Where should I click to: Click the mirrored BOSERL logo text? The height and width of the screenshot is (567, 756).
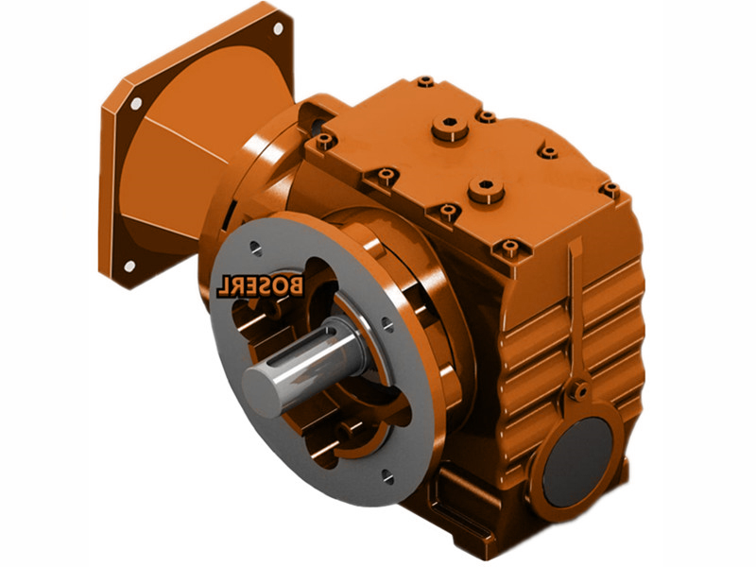pyautogui.click(x=260, y=286)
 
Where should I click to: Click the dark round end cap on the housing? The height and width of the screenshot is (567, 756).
pyautogui.click(x=578, y=461)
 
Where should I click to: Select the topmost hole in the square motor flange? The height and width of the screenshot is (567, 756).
pyautogui.click(x=278, y=28)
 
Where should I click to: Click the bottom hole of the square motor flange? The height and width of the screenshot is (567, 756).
pyautogui.click(x=129, y=266)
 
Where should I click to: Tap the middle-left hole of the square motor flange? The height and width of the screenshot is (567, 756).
pyautogui.click(x=136, y=103)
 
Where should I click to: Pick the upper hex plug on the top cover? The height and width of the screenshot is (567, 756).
pyautogui.click(x=450, y=128)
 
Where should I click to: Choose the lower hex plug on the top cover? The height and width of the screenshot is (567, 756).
pyautogui.click(x=486, y=190)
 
